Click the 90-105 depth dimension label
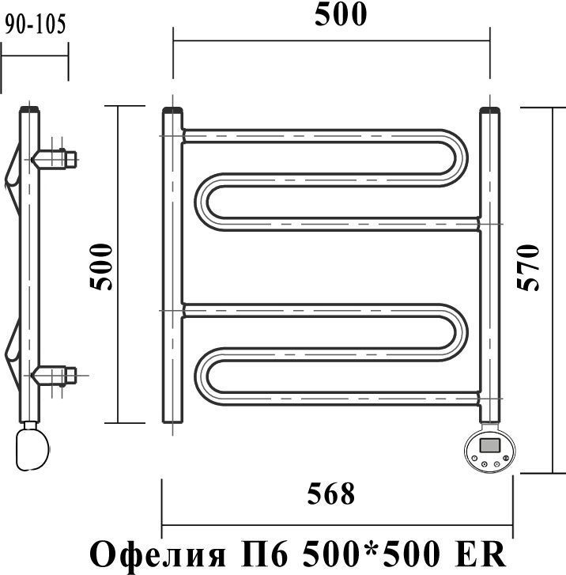(x=36, y=25)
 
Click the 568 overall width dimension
(x=331, y=494)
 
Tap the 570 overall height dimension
(x=528, y=267)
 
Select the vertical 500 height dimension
(x=101, y=267)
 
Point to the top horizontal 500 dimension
(x=341, y=14)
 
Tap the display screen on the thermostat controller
(x=490, y=445)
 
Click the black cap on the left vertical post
(x=172, y=110)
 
